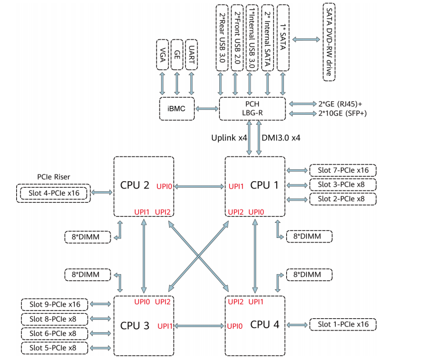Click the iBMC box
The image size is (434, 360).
point(177,109)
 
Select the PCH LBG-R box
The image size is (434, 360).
point(252,109)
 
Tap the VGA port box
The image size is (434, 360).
point(162,55)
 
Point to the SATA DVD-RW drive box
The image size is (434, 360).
point(329,41)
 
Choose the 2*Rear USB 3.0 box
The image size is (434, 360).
point(222,37)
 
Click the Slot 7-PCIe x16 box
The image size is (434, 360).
point(343,170)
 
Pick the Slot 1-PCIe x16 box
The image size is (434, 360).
point(343,324)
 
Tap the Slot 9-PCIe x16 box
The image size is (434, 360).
point(55,304)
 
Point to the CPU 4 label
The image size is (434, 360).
point(264,324)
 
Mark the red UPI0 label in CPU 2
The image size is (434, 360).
point(164,187)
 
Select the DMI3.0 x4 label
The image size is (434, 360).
point(281,137)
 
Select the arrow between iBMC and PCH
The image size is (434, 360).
point(207,109)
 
